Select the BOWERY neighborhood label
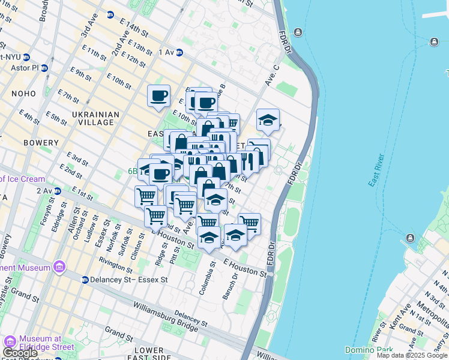[41, 143]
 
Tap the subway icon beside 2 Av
[58, 191]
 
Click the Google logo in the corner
[20, 353]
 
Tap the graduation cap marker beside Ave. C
[268, 119]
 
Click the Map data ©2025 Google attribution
[412, 355]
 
